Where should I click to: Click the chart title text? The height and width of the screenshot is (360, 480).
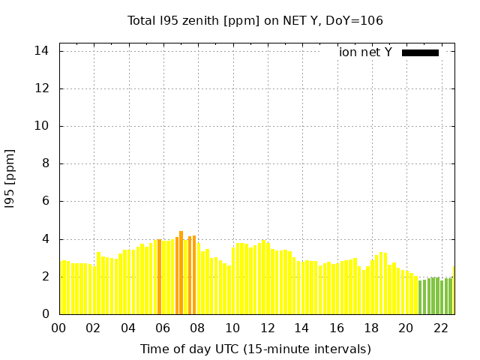255,20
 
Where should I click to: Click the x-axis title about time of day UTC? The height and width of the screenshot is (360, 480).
255,349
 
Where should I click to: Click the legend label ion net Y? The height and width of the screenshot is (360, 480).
365,52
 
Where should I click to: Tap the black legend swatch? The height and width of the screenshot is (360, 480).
420,52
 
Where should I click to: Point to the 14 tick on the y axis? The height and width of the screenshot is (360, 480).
42,51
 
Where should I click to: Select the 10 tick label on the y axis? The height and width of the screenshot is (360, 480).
42,126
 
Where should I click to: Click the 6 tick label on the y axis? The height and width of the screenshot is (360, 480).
45,201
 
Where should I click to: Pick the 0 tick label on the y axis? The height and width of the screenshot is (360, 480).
45,314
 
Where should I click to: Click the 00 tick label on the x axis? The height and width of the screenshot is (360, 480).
59,328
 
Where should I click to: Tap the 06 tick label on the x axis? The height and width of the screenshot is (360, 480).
163,328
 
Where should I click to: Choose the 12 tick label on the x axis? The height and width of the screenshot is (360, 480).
267,328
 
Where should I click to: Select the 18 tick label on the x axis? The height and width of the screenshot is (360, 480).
371,328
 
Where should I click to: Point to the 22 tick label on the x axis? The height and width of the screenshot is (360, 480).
440,328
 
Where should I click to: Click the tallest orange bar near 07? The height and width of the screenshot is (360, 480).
181,274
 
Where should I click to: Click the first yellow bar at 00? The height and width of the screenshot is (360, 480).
62,288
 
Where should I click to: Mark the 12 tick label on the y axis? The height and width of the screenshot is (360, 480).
42,88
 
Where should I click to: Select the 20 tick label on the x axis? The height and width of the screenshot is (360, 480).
406,328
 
